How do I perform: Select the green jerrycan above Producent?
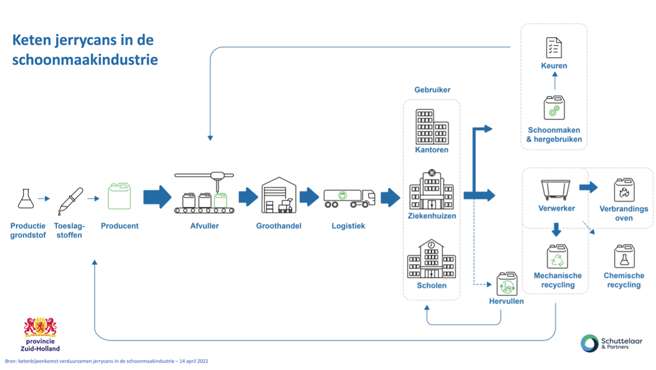pyautogui.click(x=119, y=196)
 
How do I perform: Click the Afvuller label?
pyautogui.click(x=205, y=226)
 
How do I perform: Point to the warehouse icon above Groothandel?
pyautogui.click(x=279, y=195)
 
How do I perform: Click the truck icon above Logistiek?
pyautogui.click(x=349, y=198)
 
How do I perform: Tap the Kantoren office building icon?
pyautogui.click(x=432, y=127)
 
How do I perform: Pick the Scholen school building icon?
pyautogui.click(x=431, y=259)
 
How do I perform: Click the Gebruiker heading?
pyautogui.click(x=432, y=90)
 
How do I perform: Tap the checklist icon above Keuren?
pyautogui.click(x=553, y=48)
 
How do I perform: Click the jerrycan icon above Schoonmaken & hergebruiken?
pyautogui.click(x=554, y=108)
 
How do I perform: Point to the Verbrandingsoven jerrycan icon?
pyautogui.click(x=624, y=191)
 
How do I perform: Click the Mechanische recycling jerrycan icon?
pyautogui.click(x=557, y=257)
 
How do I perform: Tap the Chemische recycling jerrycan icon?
pyautogui.click(x=624, y=257)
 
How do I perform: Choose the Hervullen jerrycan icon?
pyautogui.click(x=507, y=284)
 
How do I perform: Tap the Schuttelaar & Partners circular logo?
pyautogui.click(x=590, y=343)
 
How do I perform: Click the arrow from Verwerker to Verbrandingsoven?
pyautogui.click(x=588, y=187)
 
